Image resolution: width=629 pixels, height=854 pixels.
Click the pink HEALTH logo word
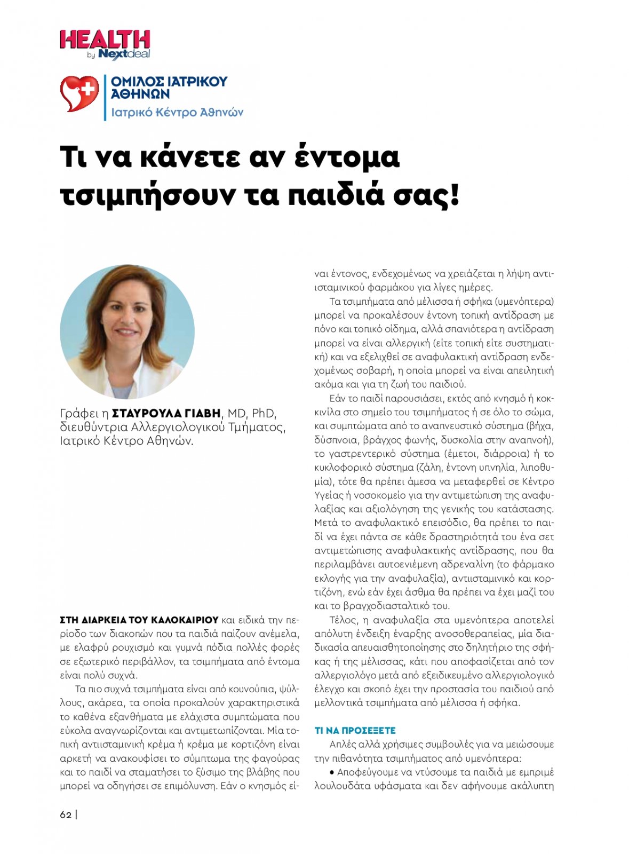tap(105, 40)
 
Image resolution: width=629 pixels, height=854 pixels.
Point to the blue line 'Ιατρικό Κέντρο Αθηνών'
tap(177, 113)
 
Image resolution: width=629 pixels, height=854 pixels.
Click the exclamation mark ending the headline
tap(455, 195)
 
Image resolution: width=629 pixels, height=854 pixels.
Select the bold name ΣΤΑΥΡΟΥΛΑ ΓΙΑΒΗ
tap(166, 413)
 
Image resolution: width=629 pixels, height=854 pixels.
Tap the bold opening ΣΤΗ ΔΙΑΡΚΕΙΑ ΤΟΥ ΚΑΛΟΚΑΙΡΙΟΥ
tap(139, 620)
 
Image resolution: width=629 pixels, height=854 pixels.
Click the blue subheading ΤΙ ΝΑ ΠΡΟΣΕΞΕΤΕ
tap(355, 731)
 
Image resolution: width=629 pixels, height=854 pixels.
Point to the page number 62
tap(66, 815)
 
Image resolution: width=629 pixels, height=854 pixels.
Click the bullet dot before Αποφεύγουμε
tap(332, 772)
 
